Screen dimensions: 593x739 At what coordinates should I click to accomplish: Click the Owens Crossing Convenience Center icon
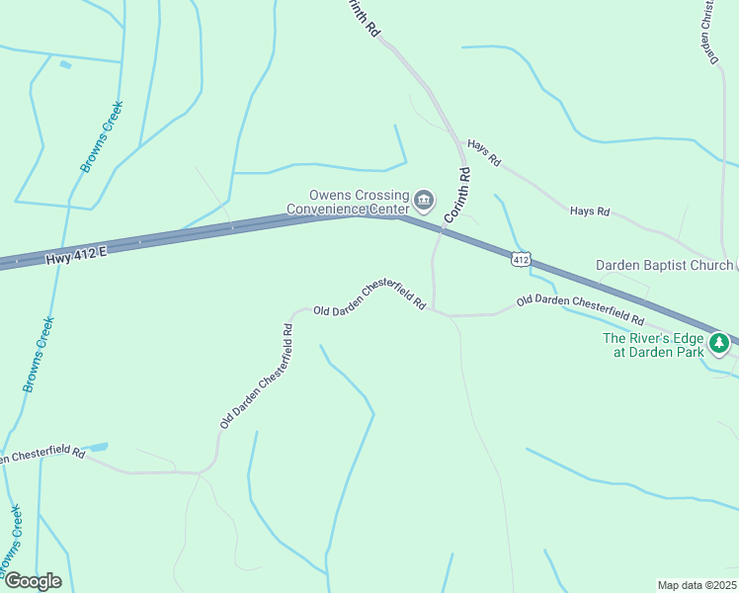[424, 202]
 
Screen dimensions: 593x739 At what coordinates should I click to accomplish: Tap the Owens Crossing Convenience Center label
[346, 203]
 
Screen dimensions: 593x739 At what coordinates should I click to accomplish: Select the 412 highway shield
[522, 259]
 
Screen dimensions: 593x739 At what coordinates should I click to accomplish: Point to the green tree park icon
[720, 344]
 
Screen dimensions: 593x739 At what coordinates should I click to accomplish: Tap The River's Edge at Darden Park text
[653, 344]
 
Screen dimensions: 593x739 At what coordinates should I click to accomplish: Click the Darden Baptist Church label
[663, 265]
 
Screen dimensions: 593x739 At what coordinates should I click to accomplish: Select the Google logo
[32, 581]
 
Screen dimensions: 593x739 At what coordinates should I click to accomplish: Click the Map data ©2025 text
[697, 585]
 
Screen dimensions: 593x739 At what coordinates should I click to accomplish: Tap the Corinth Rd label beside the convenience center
[456, 194]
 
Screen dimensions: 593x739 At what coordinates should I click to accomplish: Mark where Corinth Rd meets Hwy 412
[442, 229]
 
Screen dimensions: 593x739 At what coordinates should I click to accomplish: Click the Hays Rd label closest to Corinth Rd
[484, 151]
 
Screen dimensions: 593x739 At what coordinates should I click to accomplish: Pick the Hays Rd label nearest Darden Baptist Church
[590, 212]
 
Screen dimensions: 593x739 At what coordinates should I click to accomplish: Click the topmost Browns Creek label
[101, 151]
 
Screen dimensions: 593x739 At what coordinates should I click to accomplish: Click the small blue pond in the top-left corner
[65, 65]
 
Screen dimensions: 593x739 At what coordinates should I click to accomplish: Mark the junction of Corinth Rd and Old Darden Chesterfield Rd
[434, 310]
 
